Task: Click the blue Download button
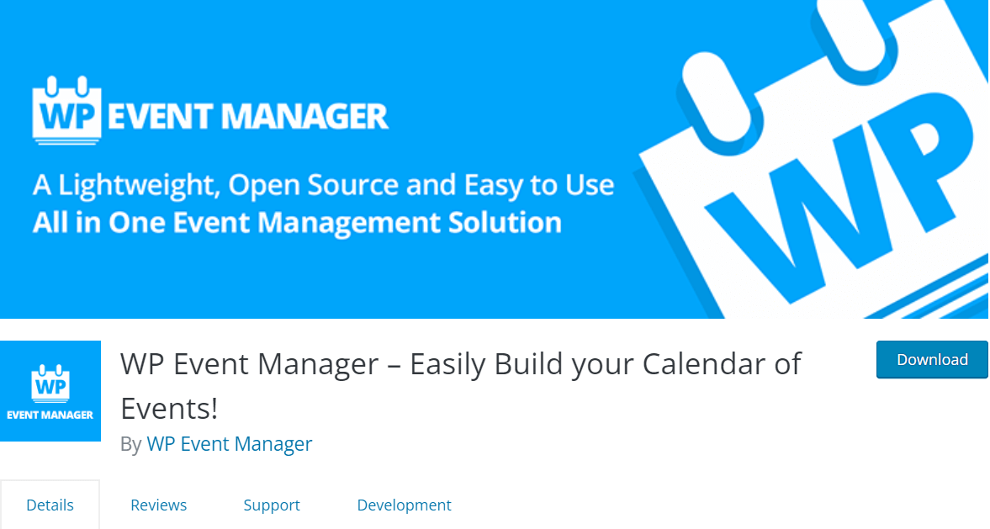(x=932, y=360)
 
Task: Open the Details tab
(x=50, y=505)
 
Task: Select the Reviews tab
(x=158, y=505)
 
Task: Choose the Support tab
(x=272, y=505)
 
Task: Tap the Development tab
(x=404, y=505)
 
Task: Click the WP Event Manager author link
(x=229, y=444)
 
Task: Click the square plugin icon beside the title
(x=50, y=391)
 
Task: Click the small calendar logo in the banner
(x=67, y=110)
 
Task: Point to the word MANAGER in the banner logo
(x=305, y=117)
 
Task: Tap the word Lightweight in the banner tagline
(x=139, y=186)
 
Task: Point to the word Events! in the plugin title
(x=169, y=409)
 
